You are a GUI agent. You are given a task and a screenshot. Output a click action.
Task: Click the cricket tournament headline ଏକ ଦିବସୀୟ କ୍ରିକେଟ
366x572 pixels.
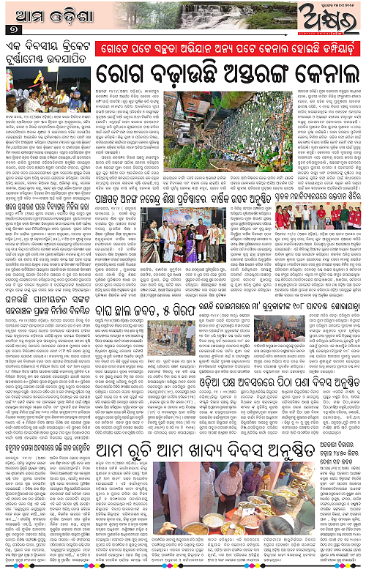pos(48,48)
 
